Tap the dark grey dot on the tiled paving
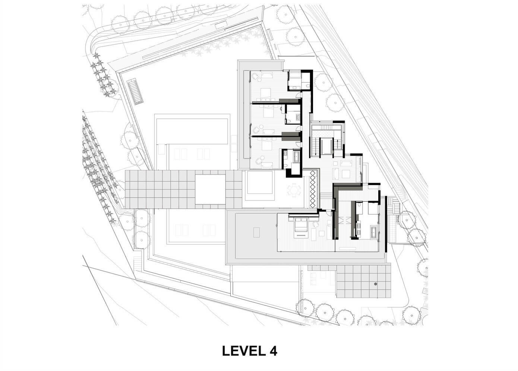[376, 284]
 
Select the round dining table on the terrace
[294, 191]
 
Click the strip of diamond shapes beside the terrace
[312, 189]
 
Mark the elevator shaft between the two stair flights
[327, 146]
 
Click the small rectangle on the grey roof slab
[256, 232]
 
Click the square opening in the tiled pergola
[210, 189]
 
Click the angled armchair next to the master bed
[316, 224]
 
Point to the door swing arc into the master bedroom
[328, 213]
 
